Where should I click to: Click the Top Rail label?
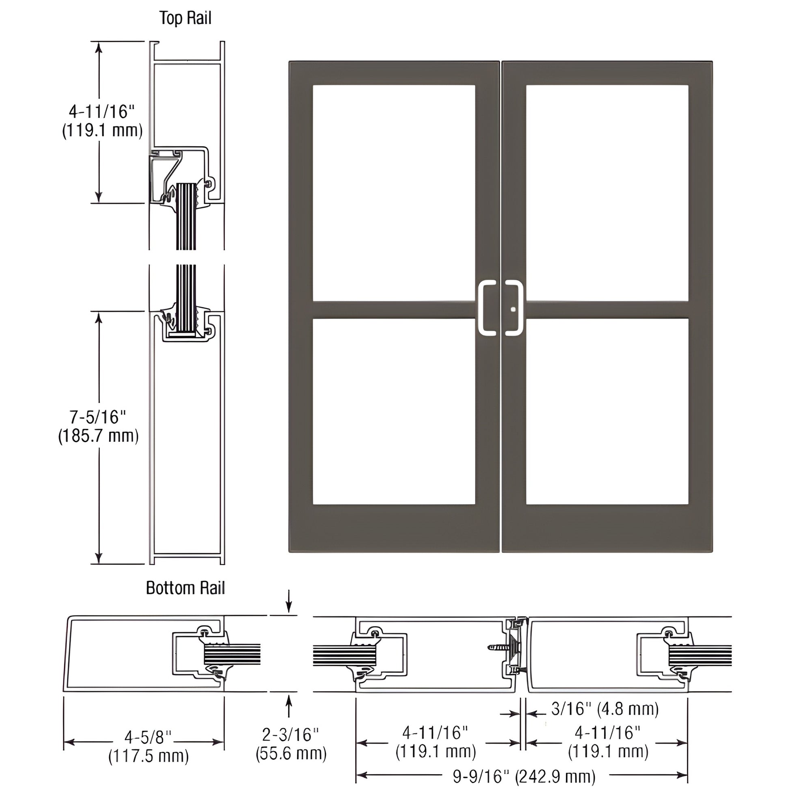click(x=185, y=19)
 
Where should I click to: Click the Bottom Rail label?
click(x=185, y=588)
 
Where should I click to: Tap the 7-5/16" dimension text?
click(x=98, y=417)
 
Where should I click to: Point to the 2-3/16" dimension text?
click(x=290, y=735)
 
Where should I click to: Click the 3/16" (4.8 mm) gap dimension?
click(x=605, y=709)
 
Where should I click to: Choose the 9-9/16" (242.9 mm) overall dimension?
click(x=524, y=776)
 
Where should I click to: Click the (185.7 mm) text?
click(x=99, y=436)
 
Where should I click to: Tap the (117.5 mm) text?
click(x=149, y=756)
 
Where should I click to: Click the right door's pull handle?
click(x=514, y=308)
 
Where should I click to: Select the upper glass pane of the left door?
click(x=394, y=193)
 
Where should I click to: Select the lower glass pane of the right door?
click(x=607, y=411)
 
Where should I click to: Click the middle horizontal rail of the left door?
click(x=395, y=309)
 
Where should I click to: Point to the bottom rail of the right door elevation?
click(x=607, y=528)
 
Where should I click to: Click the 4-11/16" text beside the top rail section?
click(x=102, y=111)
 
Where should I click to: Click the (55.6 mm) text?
click(x=291, y=753)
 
